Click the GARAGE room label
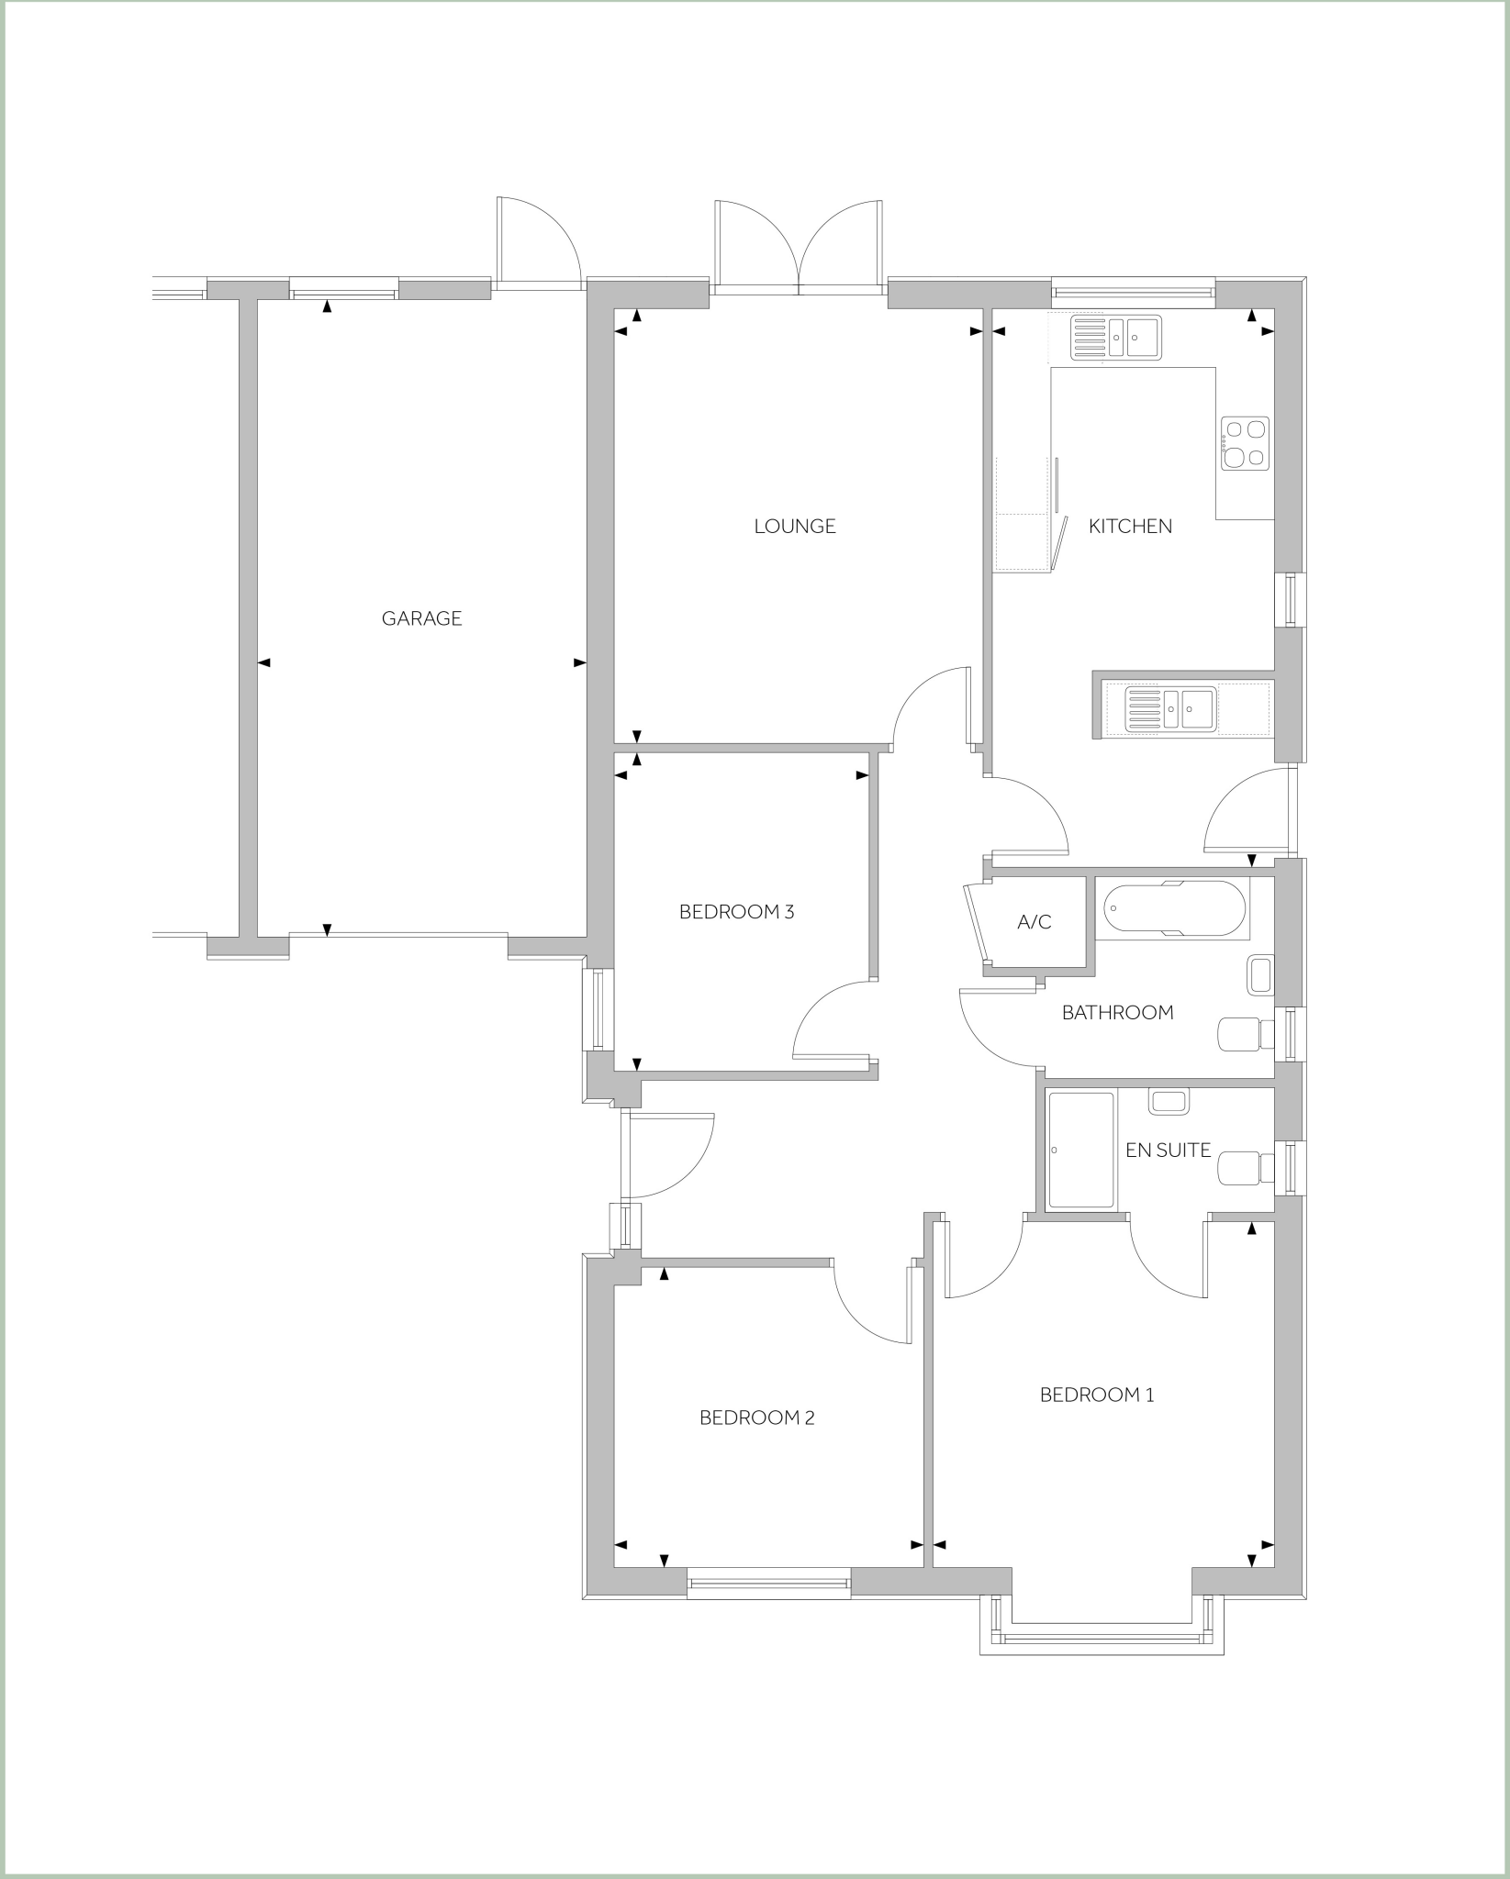point(421,618)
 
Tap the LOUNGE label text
point(795,527)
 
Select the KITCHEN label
point(1130,527)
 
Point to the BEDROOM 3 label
point(736,912)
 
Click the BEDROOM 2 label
point(757,1418)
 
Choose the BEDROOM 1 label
point(1097,1395)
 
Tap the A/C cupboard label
point(1035,923)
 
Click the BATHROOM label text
point(1117,1013)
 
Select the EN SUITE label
point(1168,1150)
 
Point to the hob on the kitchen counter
point(1246,443)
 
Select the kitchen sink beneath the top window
point(1116,337)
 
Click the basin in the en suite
point(1168,1101)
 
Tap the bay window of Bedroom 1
point(1102,1638)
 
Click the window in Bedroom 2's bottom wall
point(768,1583)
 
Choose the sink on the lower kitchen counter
point(1171,708)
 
